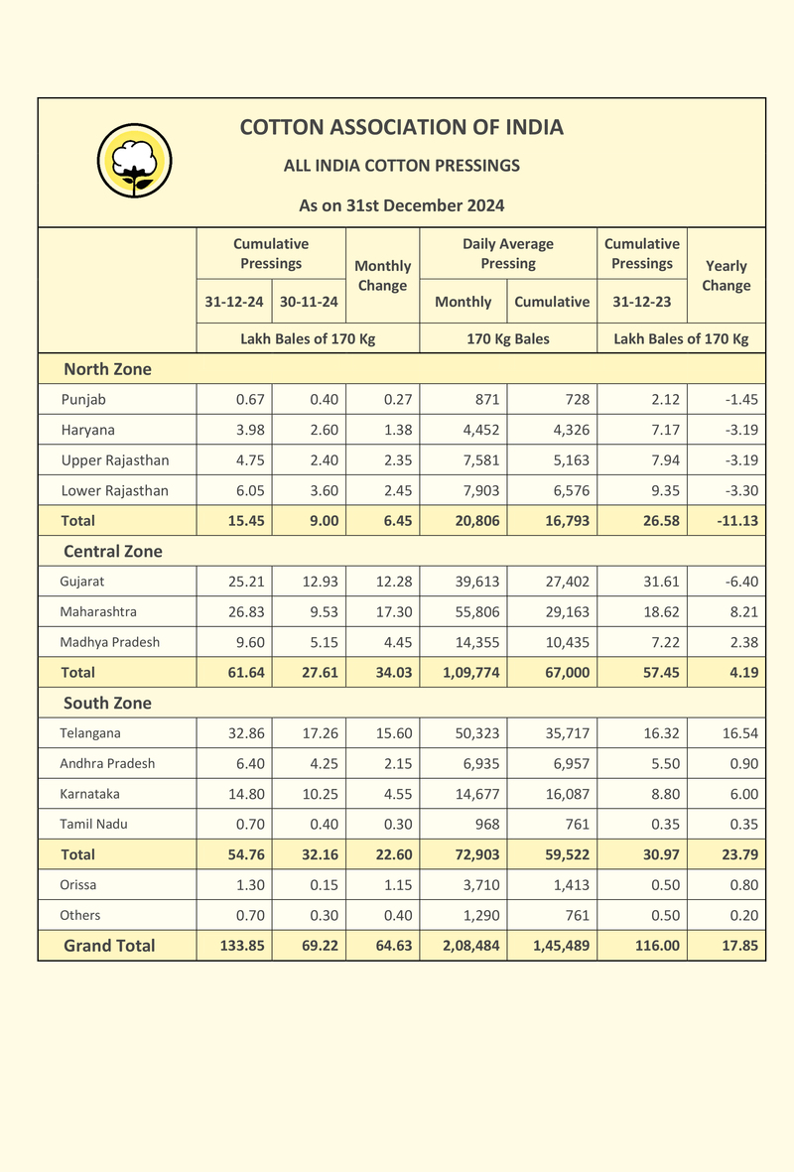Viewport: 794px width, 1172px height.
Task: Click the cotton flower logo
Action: pos(135,161)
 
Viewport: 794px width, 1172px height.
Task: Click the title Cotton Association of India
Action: pos(402,127)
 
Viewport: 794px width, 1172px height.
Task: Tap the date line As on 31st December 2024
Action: pos(402,205)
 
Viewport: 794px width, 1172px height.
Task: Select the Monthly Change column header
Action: pos(383,275)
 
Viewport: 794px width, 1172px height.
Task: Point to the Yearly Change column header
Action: pos(726,275)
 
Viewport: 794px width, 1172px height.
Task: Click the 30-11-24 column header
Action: pos(309,302)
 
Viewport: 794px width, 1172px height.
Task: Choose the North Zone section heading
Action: pos(107,369)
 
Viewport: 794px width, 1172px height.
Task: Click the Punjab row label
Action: pos(83,400)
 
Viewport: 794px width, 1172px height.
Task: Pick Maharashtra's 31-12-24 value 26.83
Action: pos(247,612)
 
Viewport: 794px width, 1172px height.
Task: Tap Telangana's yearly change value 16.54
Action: pos(740,733)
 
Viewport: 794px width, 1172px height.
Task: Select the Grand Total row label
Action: pos(109,946)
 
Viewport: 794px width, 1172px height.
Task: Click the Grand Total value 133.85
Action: pos(242,946)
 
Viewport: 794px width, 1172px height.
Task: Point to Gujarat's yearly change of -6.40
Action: pos(741,582)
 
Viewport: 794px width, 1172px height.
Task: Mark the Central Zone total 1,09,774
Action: pos(471,673)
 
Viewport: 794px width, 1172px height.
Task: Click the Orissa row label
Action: pos(78,885)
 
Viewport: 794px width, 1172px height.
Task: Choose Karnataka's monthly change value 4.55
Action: pos(398,794)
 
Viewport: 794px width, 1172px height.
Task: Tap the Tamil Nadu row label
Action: pos(93,825)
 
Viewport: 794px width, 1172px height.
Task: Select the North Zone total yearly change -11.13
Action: pos(738,521)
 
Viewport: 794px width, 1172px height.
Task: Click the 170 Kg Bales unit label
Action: pos(508,339)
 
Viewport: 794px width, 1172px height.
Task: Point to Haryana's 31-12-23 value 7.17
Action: pos(665,431)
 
